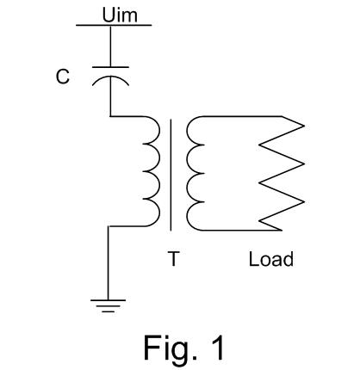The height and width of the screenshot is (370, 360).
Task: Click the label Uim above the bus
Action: (x=120, y=15)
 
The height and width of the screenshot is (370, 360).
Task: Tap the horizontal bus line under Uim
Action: (x=114, y=25)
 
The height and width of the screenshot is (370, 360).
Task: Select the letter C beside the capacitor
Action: (x=63, y=77)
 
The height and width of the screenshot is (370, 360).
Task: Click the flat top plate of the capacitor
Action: (x=110, y=67)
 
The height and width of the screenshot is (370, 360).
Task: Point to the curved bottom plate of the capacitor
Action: (x=110, y=77)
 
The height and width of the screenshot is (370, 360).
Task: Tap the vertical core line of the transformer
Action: (x=171, y=175)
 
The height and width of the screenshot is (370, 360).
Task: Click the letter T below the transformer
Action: (x=174, y=259)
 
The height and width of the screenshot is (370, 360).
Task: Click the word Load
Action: (x=271, y=259)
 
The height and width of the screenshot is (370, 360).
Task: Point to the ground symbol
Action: (x=108, y=305)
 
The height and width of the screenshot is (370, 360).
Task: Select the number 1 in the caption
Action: (x=217, y=348)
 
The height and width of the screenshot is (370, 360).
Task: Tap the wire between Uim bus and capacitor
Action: (x=110, y=46)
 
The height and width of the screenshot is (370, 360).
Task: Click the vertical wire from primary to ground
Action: (x=109, y=263)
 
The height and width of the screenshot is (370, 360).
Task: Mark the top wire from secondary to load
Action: (x=242, y=116)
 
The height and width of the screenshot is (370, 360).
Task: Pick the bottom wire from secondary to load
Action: (x=241, y=230)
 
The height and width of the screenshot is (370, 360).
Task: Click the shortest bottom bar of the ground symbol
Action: (x=108, y=311)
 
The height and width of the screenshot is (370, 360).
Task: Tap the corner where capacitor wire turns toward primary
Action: (x=110, y=116)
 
